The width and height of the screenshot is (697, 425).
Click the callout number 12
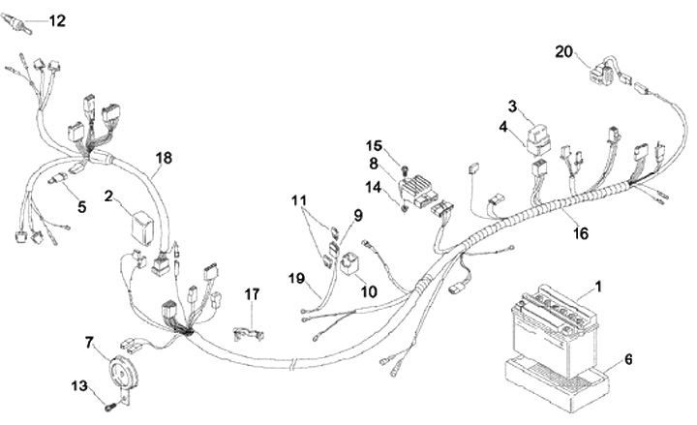click(x=57, y=19)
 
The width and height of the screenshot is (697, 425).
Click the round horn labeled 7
click(x=120, y=372)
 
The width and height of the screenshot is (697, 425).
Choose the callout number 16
click(x=580, y=232)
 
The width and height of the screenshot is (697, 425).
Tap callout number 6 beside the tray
click(x=627, y=359)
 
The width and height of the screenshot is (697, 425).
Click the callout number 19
click(x=297, y=278)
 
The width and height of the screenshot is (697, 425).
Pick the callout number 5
click(x=81, y=206)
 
